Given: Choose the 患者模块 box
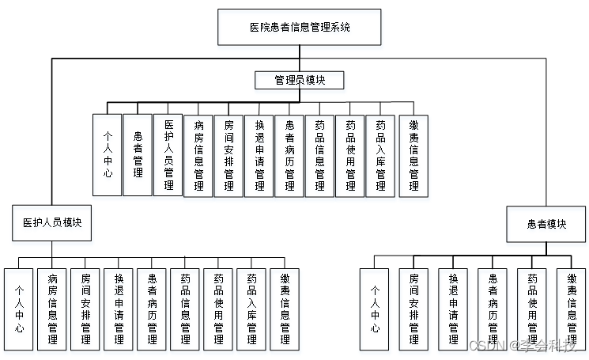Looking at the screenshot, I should [x=546, y=224].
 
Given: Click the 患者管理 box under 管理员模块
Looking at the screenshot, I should [x=138, y=154].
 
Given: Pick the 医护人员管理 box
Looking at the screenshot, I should [x=168, y=154].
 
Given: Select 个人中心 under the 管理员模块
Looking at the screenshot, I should [x=107, y=154].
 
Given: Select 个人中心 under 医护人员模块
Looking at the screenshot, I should [x=19, y=309].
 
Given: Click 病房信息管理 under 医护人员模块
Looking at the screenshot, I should [x=52, y=309].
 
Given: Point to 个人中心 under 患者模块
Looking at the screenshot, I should [x=374, y=309].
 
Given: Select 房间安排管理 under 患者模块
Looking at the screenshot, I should [x=413, y=309].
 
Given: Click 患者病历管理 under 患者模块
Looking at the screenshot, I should [x=493, y=309].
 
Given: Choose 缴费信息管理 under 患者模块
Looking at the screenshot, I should [x=572, y=309].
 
